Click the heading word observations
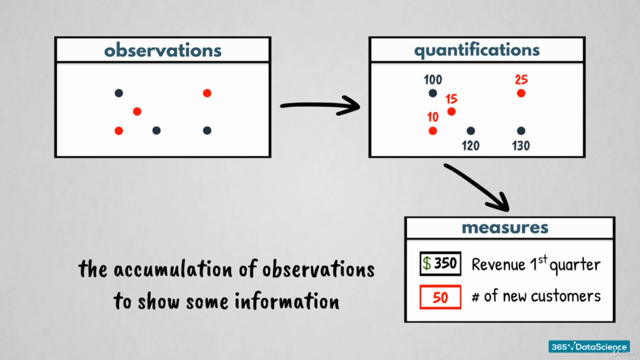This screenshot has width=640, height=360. coord(163,50)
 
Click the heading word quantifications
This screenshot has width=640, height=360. coord(477,50)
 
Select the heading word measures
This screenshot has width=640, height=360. coord(505,228)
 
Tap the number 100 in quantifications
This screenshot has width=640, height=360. coord(433,80)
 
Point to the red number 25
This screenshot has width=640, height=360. coord(521,80)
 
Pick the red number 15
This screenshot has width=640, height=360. coord(451,99)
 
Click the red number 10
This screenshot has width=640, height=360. coord(433,117)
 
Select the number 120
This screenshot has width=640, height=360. coord(470,146)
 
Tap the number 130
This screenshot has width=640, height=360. coord(521,146)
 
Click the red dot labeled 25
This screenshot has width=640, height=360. coord(521,93)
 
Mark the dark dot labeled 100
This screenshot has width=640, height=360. coord(433,93)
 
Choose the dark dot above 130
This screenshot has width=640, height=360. coord(521,131)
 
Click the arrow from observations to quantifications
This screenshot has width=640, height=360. coord(320,106)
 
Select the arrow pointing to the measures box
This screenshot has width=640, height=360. coord(477,187)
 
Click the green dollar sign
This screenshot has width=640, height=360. coord(427,263)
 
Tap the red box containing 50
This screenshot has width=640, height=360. coord(440,297)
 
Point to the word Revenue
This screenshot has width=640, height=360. coord(498,265)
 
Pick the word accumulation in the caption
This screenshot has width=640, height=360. coord(173,269)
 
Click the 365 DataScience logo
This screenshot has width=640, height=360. coord(589,347)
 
